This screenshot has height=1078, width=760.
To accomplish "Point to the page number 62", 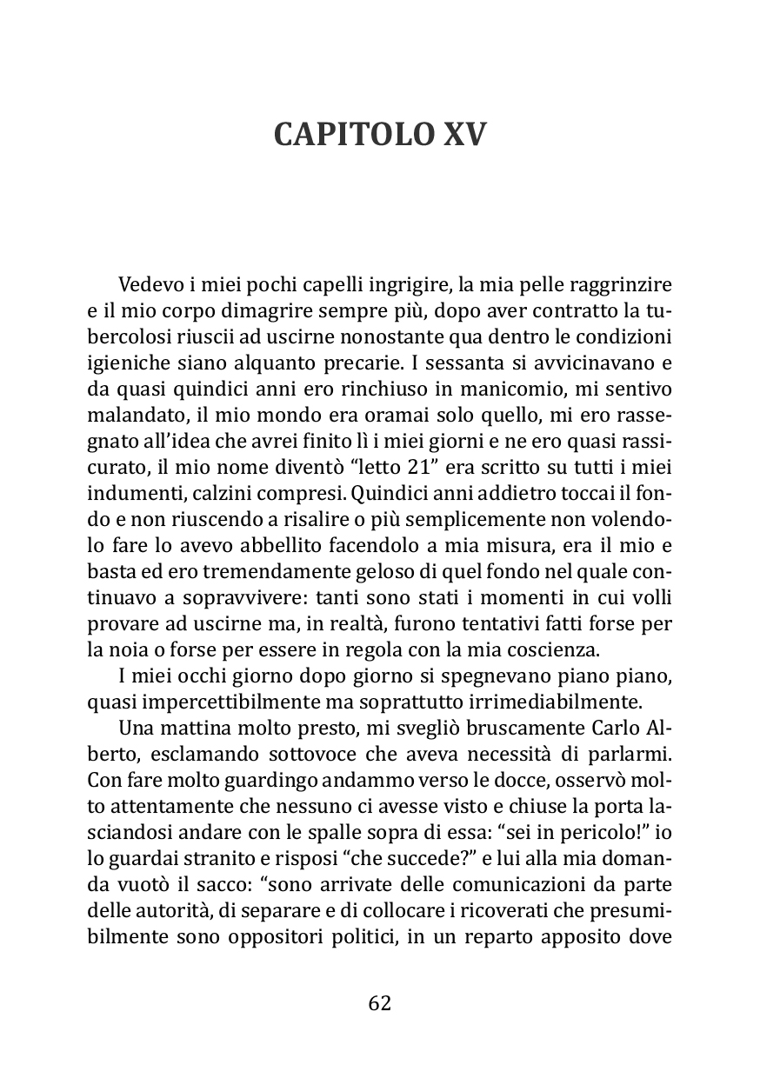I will tap(380, 1002).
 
